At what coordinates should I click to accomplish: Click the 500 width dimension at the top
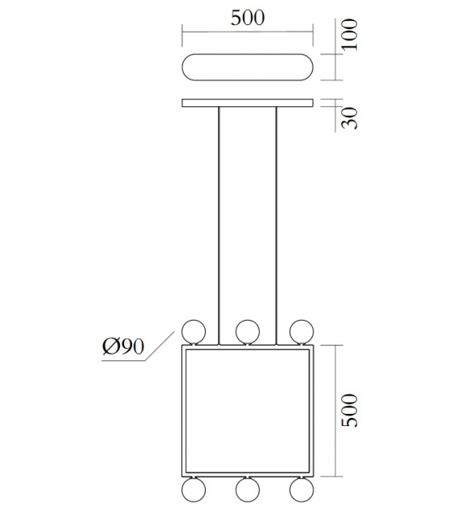[247, 19]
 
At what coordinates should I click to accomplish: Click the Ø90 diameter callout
[123, 347]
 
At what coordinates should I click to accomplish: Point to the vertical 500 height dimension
[349, 413]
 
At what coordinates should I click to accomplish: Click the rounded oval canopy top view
[247, 66]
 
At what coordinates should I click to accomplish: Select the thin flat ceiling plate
[247, 103]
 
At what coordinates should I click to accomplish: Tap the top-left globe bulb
[193, 330]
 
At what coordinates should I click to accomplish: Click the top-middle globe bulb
[247, 330]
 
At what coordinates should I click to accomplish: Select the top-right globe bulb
[301, 330]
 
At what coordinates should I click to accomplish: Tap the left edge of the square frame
[183, 413]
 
